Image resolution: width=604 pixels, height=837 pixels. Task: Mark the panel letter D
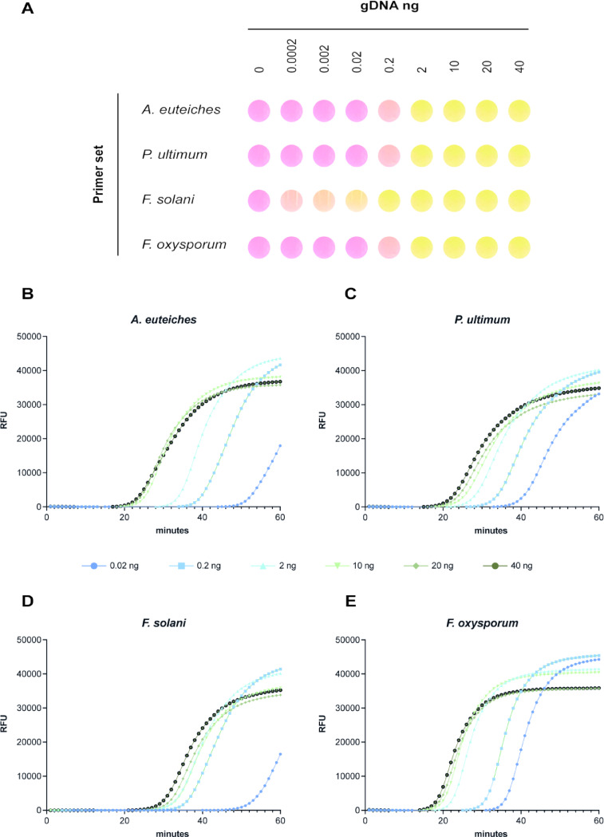26,596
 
